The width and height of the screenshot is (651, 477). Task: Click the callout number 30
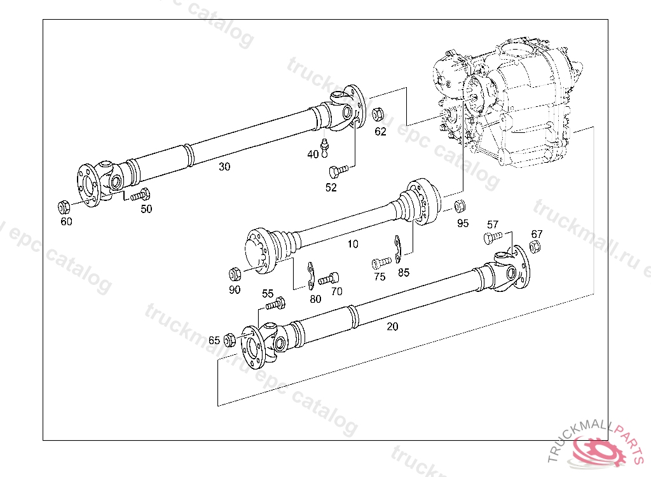pos(224,167)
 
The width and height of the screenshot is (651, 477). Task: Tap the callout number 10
pos(353,244)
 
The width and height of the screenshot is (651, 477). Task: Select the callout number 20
pos(392,326)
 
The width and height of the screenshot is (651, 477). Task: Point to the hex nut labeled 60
pos(64,207)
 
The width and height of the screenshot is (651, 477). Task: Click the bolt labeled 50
pos(140,195)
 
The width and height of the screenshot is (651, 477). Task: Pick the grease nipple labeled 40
pos(325,146)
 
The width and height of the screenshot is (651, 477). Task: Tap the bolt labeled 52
pos(338,171)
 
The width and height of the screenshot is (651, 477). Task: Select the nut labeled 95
pos(460,207)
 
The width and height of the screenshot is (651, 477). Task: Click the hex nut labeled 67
pos(536,247)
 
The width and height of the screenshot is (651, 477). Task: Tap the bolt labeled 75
pos(381,262)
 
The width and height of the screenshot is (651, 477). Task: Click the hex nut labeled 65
pos(230,340)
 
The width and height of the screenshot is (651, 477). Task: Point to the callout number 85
pos(404,273)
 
